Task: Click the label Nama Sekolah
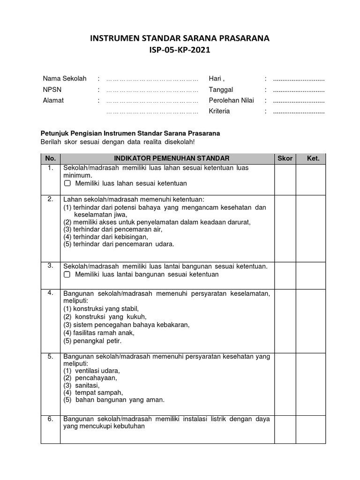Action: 65,78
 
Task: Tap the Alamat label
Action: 53,100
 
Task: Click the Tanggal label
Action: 221,90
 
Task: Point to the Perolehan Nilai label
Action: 232,100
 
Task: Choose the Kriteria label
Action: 219,112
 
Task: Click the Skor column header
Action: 285,158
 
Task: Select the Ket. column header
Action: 313,158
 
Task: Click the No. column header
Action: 50,158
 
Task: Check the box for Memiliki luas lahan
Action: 67,183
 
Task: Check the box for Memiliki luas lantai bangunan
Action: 67,274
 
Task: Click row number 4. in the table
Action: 50,293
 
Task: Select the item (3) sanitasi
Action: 82,385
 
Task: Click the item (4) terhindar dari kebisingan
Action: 102,237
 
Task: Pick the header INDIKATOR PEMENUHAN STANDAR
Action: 167,158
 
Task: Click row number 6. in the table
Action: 50,419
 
